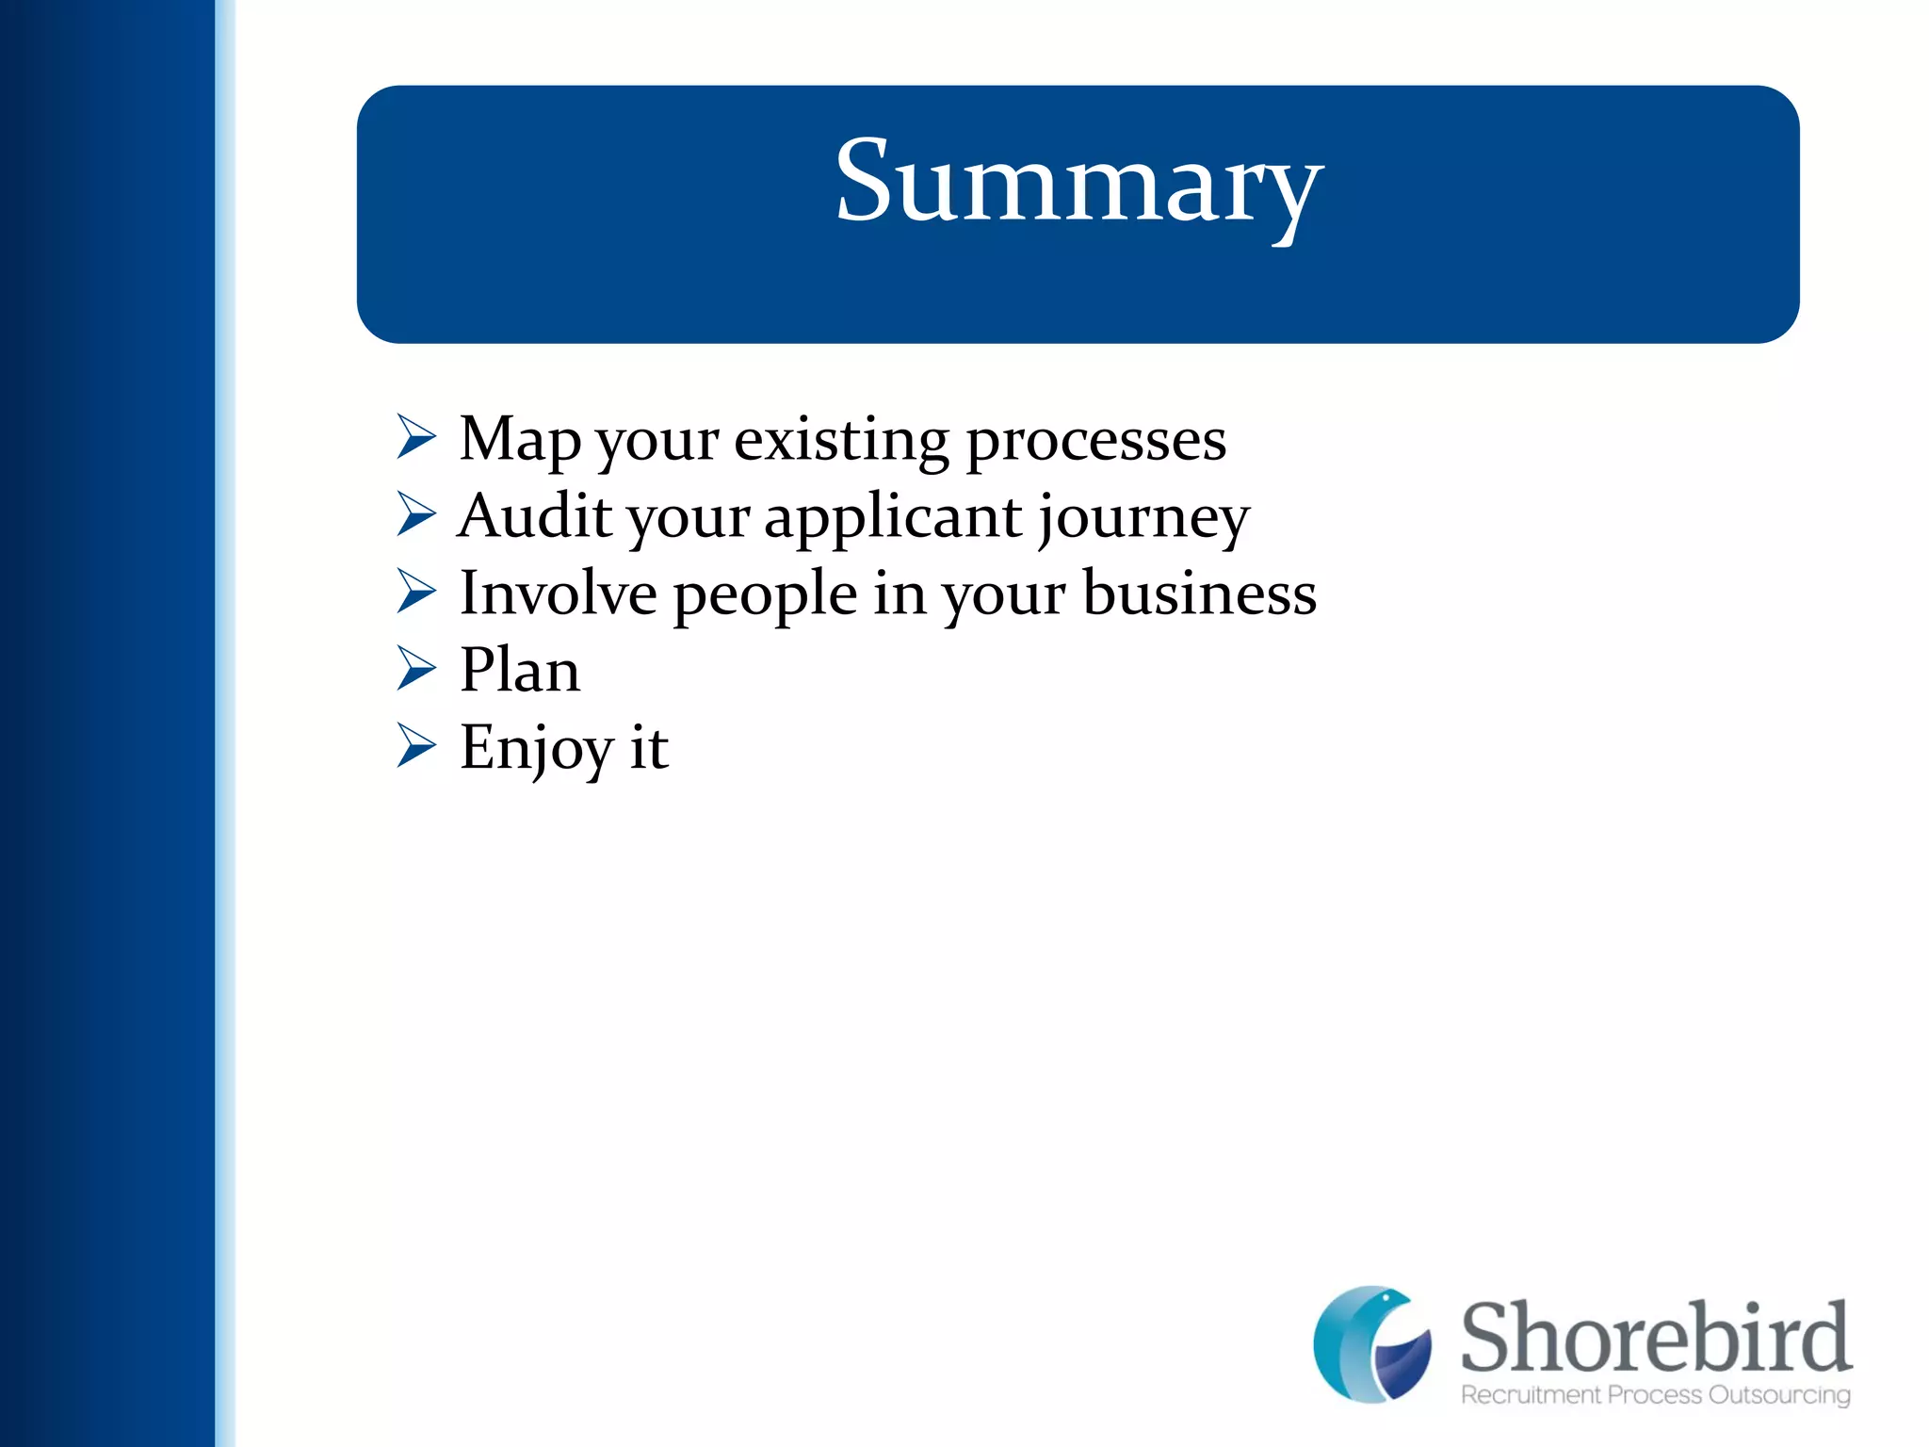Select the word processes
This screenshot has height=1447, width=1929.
click(1095, 440)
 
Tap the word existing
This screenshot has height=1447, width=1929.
click(841, 440)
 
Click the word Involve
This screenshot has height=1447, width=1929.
click(558, 593)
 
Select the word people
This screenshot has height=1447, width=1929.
click(765, 595)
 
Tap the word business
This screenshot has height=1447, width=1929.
click(1199, 593)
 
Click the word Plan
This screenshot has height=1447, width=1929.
click(519, 671)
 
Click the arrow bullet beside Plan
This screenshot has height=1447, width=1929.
click(415, 669)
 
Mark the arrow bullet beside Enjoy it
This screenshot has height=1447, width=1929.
click(415, 746)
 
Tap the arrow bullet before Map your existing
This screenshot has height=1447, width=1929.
click(415, 437)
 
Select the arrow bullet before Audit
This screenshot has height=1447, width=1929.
click(415, 514)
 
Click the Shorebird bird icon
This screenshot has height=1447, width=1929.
click(1371, 1343)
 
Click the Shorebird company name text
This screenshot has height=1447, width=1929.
click(1655, 1338)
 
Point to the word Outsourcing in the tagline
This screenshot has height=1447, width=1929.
click(1779, 1395)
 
